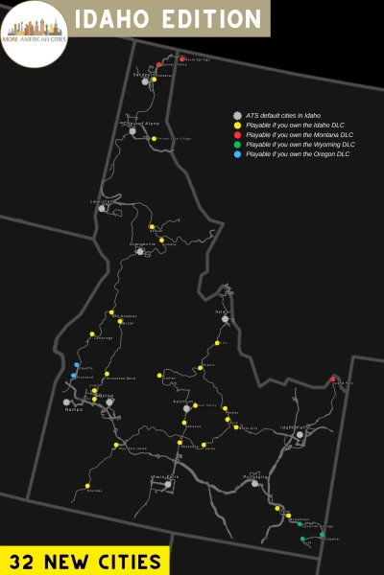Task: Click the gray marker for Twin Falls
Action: tap(168, 484)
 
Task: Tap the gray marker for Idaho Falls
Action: tap(300, 435)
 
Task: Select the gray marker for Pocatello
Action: tap(254, 483)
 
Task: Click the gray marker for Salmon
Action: tap(226, 320)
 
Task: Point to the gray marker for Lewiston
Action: tap(102, 208)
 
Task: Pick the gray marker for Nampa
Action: tap(67, 402)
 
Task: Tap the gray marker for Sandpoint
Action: tap(145, 81)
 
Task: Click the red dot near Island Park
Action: tap(333, 379)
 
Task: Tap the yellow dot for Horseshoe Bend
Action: tap(108, 374)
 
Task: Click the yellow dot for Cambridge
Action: tap(92, 334)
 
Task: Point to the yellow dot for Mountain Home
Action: tap(115, 445)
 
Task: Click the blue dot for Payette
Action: tap(76, 365)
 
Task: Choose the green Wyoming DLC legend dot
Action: tap(236, 144)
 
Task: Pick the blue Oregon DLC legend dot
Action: tap(236, 153)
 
